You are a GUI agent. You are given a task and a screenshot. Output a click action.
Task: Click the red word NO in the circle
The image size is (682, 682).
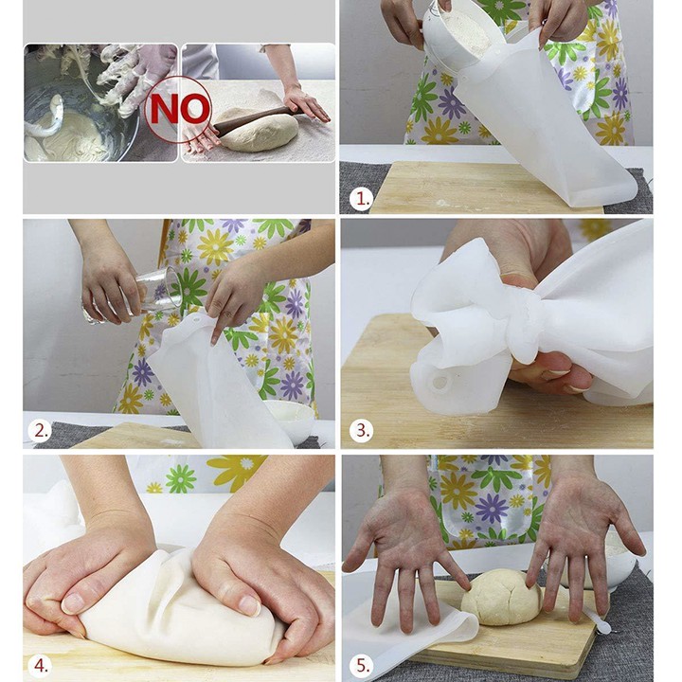click(x=179, y=109)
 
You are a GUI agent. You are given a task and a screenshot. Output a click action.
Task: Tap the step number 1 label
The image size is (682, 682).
click(x=362, y=199)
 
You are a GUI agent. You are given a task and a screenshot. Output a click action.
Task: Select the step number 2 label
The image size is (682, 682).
click(x=41, y=431)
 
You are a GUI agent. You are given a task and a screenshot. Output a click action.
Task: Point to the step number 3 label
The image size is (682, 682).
click(x=362, y=430)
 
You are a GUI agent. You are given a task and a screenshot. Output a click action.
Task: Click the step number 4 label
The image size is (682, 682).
click(x=41, y=666)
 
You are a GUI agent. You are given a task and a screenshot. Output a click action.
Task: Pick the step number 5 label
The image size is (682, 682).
click(x=362, y=666)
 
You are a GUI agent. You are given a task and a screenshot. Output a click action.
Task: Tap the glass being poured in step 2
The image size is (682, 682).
click(x=135, y=296)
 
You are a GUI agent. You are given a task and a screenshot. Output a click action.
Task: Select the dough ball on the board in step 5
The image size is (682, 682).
click(x=501, y=597)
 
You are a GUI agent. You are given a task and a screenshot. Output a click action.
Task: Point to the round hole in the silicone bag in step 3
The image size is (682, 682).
click(x=440, y=383)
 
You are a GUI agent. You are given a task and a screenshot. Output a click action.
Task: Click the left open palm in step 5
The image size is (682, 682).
click(x=405, y=551)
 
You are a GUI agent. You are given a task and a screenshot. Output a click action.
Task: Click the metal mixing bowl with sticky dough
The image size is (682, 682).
click(x=78, y=114)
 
